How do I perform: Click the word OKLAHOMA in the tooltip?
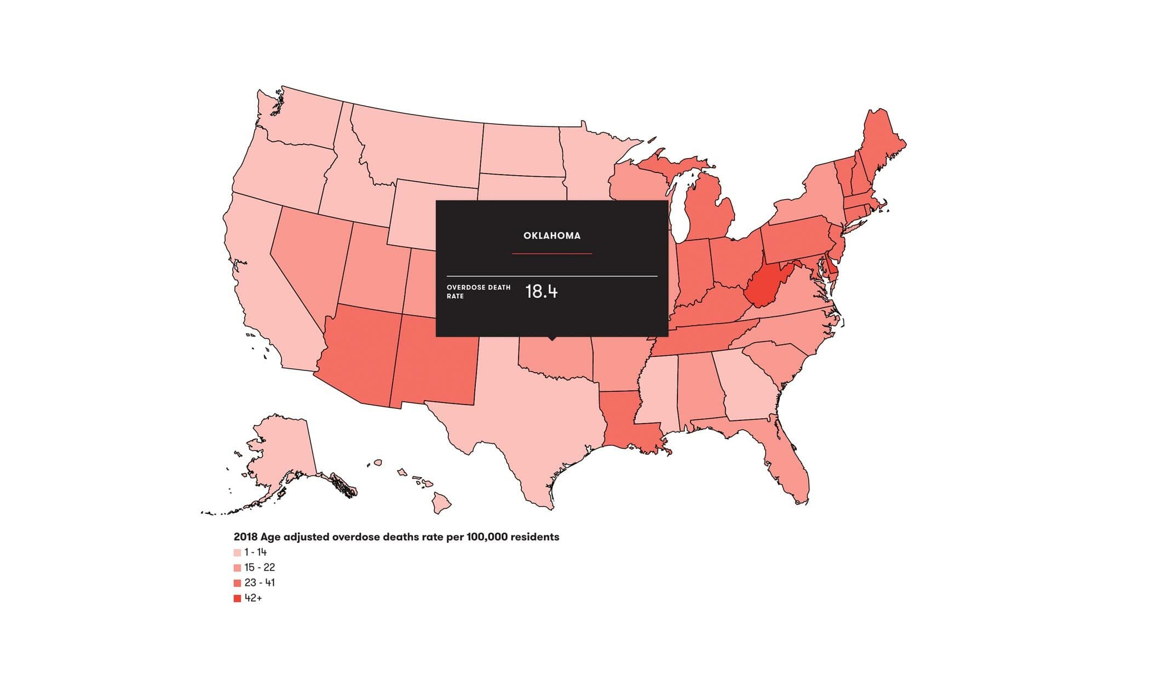(551, 236)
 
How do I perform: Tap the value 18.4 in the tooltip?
(541, 292)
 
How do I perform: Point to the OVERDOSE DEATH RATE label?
(478, 292)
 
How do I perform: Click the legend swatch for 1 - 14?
(237, 553)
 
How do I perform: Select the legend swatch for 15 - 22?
(237, 568)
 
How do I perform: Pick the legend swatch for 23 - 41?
(237, 583)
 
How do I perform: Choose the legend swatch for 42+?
(237, 599)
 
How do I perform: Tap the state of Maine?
(879, 142)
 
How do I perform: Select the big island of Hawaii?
(441, 502)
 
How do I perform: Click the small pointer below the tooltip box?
(552, 338)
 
